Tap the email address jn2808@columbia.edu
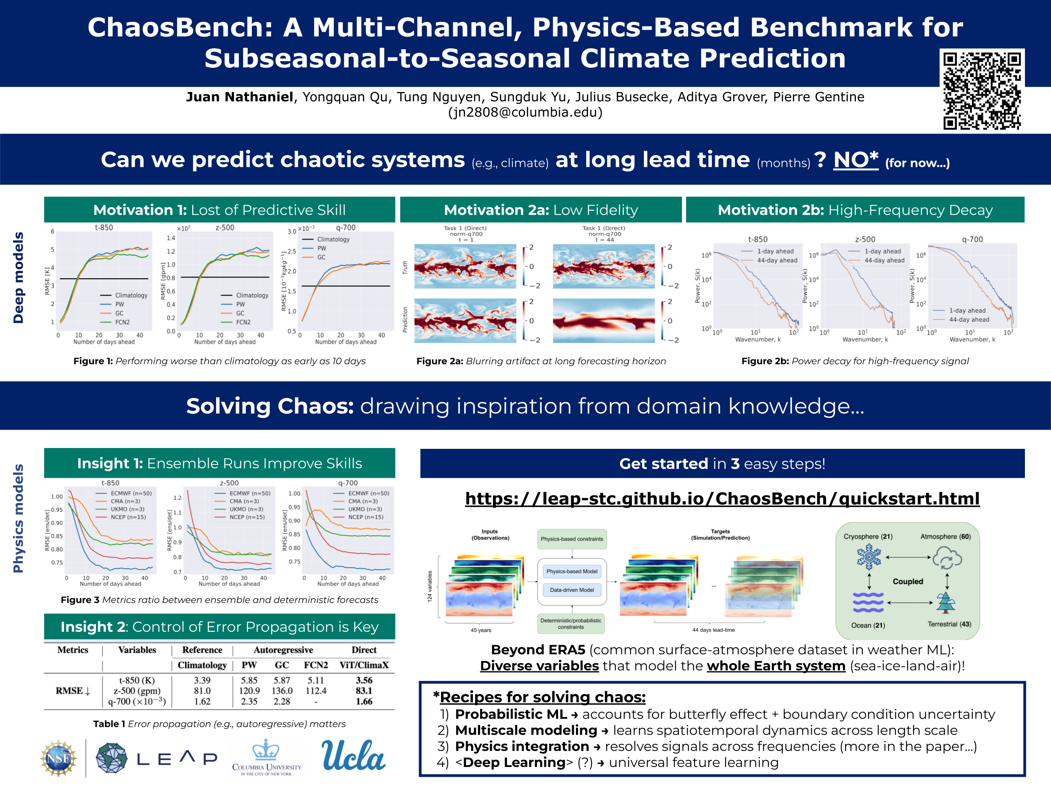click(x=525, y=112)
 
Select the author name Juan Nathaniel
click(x=240, y=97)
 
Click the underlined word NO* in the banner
click(x=855, y=160)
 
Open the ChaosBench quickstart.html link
click(x=722, y=498)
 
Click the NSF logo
click(x=58, y=758)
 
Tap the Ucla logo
click(x=354, y=756)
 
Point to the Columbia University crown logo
click(x=266, y=750)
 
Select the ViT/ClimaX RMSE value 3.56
click(x=364, y=680)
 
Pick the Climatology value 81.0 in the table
click(x=202, y=690)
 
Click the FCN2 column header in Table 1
click(x=316, y=665)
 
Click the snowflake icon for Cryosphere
click(x=869, y=557)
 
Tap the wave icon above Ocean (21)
click(x=868, y=602)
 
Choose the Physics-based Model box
click(x=572, y=572)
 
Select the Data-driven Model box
click(x=572, y=590)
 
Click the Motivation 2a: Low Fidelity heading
click(x=541, y=210)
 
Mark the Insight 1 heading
click(x=219, y=463)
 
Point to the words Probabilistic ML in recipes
click(x=511, y=714)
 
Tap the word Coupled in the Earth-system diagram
click(x=908, y=581)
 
